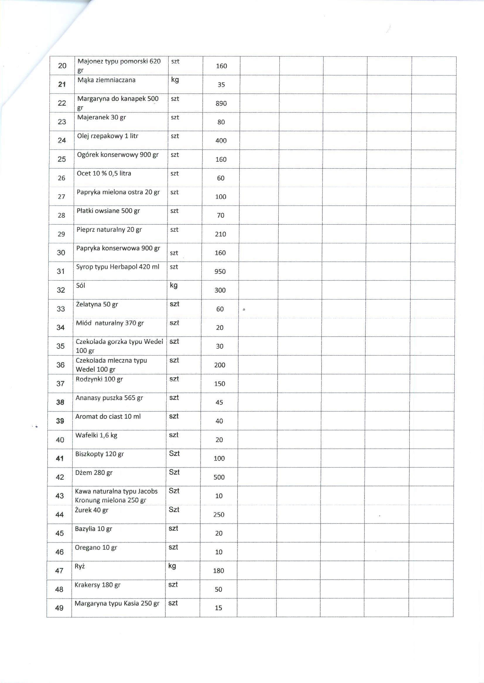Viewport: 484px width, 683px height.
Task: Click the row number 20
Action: (62, 66)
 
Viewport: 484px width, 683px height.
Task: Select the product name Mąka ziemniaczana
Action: (106, 80)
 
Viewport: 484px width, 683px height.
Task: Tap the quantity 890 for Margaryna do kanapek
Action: (221, 103)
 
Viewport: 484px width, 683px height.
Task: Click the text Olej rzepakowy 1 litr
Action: (107, 136)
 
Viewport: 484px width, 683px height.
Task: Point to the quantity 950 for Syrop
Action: (220, 271)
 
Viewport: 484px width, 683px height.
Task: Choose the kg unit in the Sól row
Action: (173, 285)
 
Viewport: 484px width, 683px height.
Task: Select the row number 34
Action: (61, 328)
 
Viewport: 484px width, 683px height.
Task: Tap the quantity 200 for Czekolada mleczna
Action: (220, 365)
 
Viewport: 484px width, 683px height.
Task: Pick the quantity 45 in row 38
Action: (219, 403)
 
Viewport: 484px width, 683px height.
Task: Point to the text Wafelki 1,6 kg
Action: (96, 435)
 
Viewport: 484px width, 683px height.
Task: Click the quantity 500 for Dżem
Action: (219, 477)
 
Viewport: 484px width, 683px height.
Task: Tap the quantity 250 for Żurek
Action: (219, 515)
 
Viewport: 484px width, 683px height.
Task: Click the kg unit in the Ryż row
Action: (172, 566)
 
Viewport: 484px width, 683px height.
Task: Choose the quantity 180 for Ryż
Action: (218, 571)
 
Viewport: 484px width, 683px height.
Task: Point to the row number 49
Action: (59, 608)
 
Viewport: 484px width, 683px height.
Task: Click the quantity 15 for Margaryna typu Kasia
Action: (218, 608)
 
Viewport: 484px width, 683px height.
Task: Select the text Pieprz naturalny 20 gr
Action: (109, 230)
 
